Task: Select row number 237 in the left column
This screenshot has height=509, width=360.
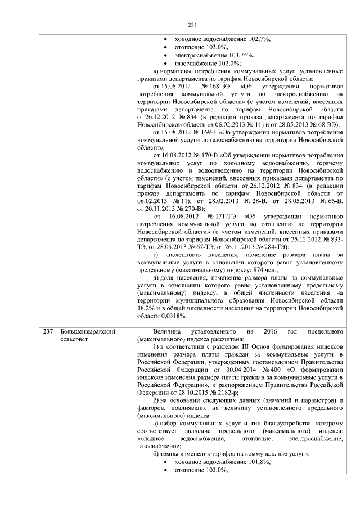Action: pos(48,332)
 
